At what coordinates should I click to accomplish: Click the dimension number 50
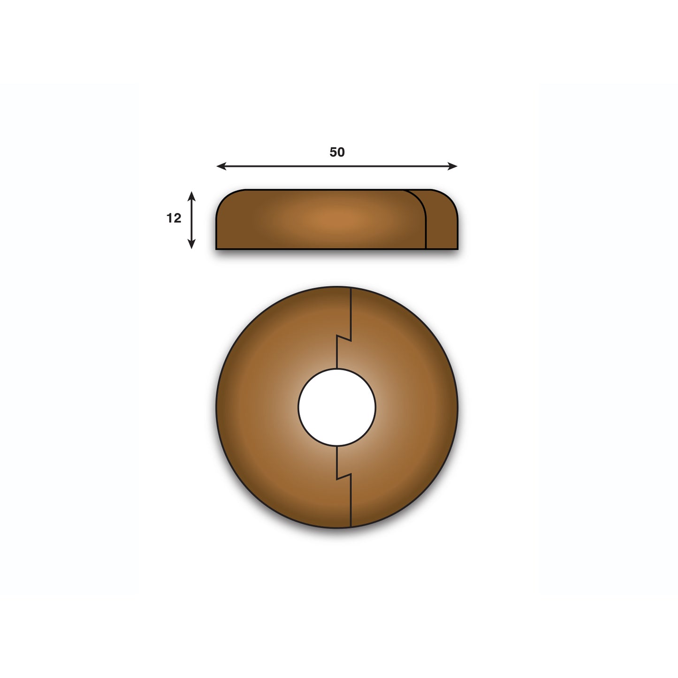pos(337,152)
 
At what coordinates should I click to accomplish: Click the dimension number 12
pos(174,218)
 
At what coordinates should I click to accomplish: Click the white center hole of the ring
pos(337,406)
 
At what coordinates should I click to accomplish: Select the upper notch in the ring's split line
pos(344,337)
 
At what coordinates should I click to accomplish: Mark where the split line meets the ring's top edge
pos(351,287)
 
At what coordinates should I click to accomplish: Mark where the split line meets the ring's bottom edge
pos(351,527)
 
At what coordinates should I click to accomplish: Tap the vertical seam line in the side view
pos(426,230)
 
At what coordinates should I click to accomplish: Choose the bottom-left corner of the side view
pos(217,248)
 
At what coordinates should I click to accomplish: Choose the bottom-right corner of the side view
pos(457,248)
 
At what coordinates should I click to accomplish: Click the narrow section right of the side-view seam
pos(441,223)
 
